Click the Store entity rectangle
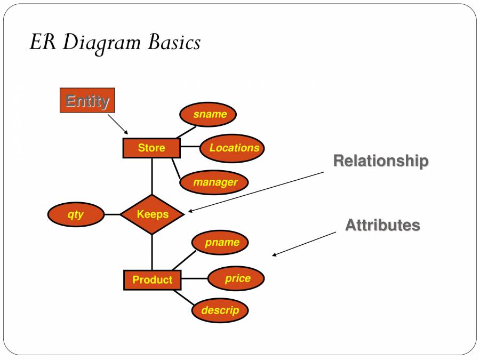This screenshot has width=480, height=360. [x=151, y=148]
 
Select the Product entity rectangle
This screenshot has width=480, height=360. [x=152, y=280]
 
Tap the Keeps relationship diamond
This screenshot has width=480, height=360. [x=153, y=214]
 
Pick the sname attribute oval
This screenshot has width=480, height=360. [x=208, y=114]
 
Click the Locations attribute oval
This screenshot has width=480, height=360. [x=232, y=148]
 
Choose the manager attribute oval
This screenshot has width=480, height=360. [x=214, y=182]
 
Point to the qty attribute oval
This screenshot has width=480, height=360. [x=76, y=214]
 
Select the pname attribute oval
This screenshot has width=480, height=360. [x=220, y=243]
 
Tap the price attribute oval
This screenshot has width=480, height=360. [x=236, y=278]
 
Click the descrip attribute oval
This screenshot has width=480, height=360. [x=220, y=310]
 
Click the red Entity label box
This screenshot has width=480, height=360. [x=87, y=100]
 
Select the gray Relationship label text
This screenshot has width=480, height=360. [x=380, y=161]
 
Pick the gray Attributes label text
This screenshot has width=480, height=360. [x=382, y=225]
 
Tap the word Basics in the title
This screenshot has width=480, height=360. [x=174, y=42]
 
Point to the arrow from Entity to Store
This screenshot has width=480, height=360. [x=118, y=124]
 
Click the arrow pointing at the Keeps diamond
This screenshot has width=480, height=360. [x=256, y=192]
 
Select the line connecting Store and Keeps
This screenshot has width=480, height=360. [x=152, y=176]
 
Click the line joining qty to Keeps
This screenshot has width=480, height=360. [x=112, y=214]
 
